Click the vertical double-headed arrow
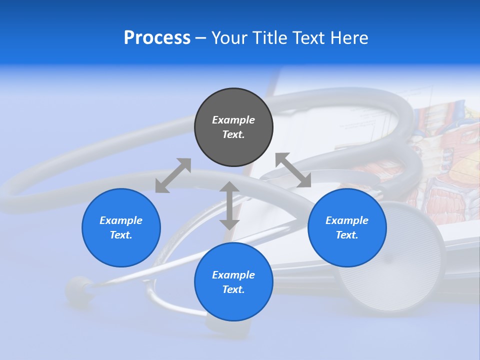(229, 205)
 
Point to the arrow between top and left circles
(173, 175)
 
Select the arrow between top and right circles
(293, 170)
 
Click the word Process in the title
(157, 38)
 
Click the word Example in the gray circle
(233, 120)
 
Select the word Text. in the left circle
(121, 235)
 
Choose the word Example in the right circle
(347, 220)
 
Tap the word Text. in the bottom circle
(233, 289)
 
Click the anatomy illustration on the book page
(440, 150)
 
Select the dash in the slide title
(200, 38)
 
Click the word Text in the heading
(309, 38)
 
